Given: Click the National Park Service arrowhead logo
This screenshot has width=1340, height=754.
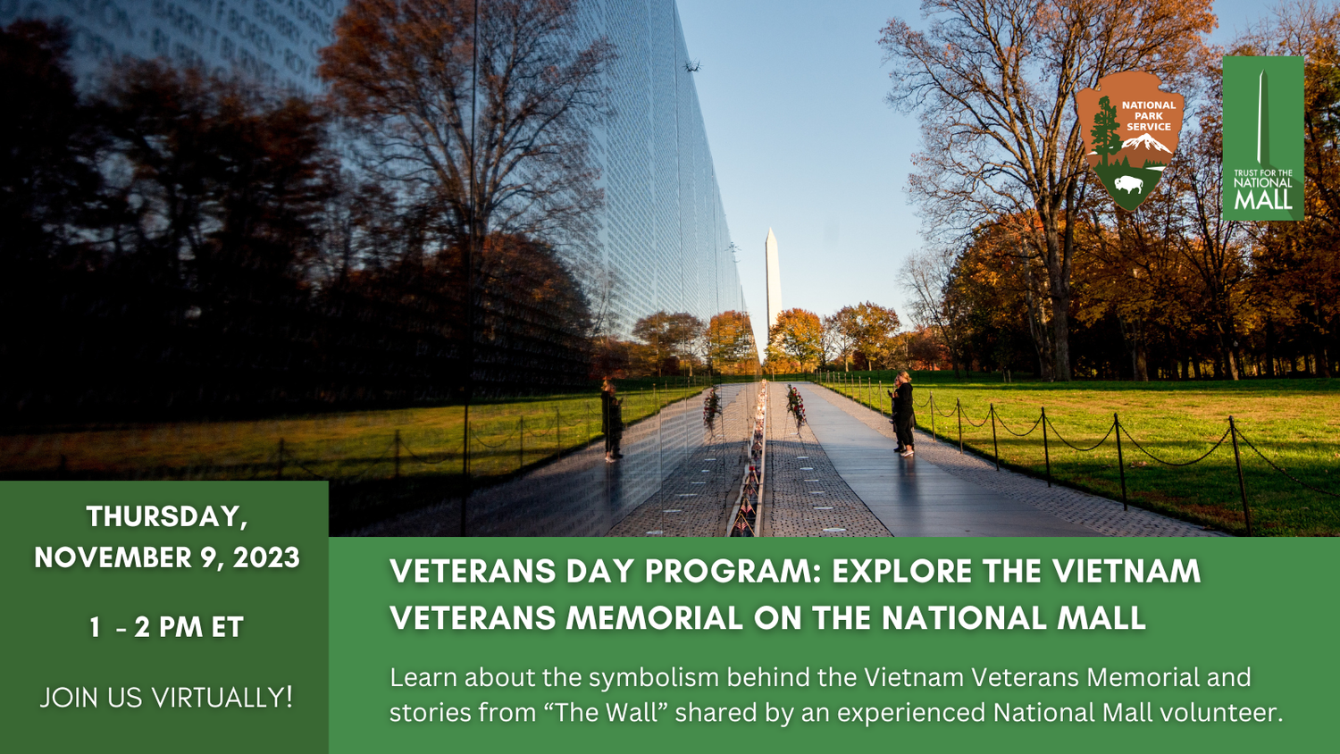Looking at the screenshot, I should coord(1129,140).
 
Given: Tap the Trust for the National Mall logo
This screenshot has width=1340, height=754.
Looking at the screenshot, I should coord(1262,138).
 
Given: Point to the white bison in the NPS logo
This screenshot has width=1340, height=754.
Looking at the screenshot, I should coord(1128,185).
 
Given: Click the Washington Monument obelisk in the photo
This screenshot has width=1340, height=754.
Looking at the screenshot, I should coord(772,286).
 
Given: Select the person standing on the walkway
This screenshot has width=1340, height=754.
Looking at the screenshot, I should coord(903,414).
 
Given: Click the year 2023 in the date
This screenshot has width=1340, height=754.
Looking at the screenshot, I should coord(266,557).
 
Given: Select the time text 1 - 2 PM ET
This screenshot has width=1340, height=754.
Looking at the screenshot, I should coord(166,627).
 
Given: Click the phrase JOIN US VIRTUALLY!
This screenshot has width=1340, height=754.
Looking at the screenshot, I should coord(166,698).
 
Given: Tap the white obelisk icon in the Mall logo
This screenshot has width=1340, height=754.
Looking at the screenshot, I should coord(1262,116).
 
